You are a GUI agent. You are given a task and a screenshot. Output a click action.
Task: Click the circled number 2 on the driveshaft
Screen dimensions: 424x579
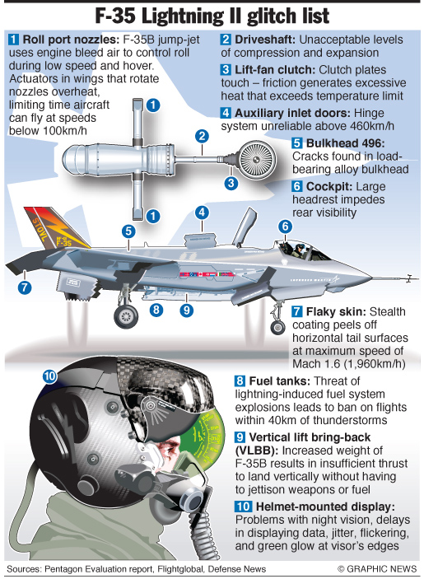pyautogui.click(x=202, y=136)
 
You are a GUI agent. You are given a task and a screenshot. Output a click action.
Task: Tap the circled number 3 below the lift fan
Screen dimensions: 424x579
pyautogui.click(x=231, y=183)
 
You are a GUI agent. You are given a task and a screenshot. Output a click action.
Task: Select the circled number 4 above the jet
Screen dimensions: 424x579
pyautogui.click(x=202, y=212)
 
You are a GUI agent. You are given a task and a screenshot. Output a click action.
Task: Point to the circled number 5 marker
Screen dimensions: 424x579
pyautogui.click(x=128, y=231)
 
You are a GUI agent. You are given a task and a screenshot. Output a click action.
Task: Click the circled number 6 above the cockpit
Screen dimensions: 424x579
pyautogui.click(x=285, y=226)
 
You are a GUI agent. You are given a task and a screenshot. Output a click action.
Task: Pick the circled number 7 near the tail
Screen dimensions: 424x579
pyautogui.click(x=25, y=287)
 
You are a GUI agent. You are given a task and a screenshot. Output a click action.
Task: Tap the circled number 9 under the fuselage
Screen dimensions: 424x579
pyautogui.click(x=186, y=310)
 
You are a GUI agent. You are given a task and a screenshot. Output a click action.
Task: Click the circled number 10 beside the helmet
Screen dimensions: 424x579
pyautogui.click(x=50, y=376)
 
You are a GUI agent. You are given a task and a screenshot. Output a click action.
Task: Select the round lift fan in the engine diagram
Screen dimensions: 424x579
pyautogui.click(x=256, y=159)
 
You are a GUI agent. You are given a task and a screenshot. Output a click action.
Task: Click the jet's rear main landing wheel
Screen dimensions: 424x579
pyautogui.click(x=126, y=316)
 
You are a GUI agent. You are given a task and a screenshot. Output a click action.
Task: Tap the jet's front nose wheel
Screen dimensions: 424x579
pyautogui.click(x=278, y=327)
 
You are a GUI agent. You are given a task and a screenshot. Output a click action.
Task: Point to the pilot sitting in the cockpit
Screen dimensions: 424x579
pyautogui.click(x=297, y=250)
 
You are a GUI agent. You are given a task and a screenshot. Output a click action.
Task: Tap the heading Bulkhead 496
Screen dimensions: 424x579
pyautogui.click(x=346, y=143)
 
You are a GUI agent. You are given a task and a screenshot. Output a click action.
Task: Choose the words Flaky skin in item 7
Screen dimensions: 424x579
pyautogui.click(x=336, y=311)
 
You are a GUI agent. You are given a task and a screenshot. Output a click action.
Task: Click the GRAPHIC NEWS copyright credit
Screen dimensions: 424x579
pyautogui.click(x=377, y=568)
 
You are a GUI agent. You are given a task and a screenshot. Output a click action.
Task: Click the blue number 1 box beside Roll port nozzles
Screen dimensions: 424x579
pyautogui.click(x=13, y=40)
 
